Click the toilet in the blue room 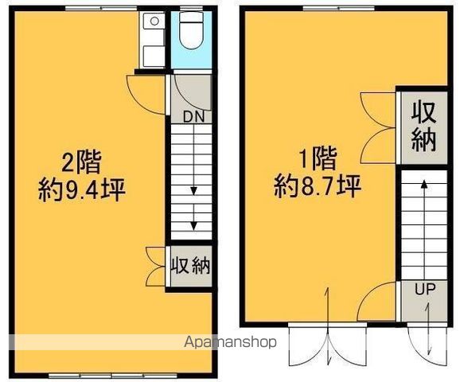coord(191,30)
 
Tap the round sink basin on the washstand coord(154,21)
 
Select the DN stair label coord(193,117)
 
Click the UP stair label coord(425,290)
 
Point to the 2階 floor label coord(81,162)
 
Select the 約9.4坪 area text coord(82,190)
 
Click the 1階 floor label coord(317,158)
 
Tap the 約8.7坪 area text coord(318,187)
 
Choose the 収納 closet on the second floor coord(191,266)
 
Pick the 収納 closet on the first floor coord(423,127)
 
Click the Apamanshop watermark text coord(230,342)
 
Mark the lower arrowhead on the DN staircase coord(193,226)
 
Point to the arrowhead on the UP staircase coord(424,184)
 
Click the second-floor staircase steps coord(191,183)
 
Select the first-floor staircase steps coord(424,225)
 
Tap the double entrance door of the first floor coord(328,345)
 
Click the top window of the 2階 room coord(101,8)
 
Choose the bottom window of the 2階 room coord(113,376)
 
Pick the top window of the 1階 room coord(338,8)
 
